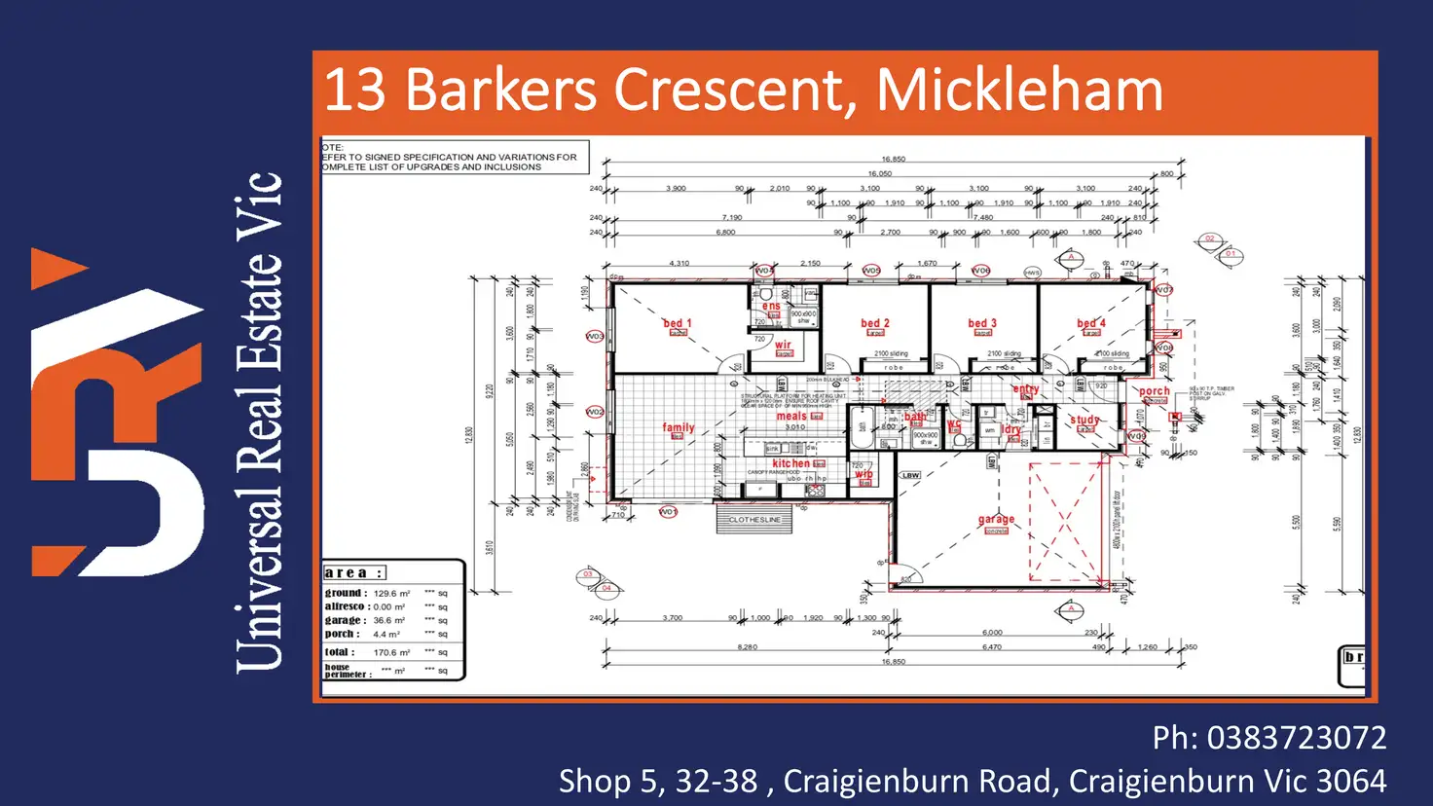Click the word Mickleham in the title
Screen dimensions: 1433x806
pos(1019,91)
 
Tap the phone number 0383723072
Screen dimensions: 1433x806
pos(1296,738)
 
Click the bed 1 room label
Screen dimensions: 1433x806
pos(677,323)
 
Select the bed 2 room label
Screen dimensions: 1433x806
pos(874,323)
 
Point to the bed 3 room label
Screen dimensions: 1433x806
pos(982,323)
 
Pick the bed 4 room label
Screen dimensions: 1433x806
pos(1090,323)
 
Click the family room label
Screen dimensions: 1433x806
pos(679,427)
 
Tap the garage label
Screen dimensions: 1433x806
pos(996,520)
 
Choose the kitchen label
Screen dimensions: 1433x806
pos(790,463)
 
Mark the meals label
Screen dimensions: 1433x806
pos(791,416)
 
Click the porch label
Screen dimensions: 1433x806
pos(1155,391)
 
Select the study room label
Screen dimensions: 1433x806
pos(1084,421)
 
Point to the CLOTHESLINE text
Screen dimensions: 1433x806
pos(754,520)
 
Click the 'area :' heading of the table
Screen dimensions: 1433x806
pos(353,572)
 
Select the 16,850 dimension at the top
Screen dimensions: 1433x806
pos(893,159)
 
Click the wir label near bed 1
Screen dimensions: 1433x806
pos(783,345)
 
